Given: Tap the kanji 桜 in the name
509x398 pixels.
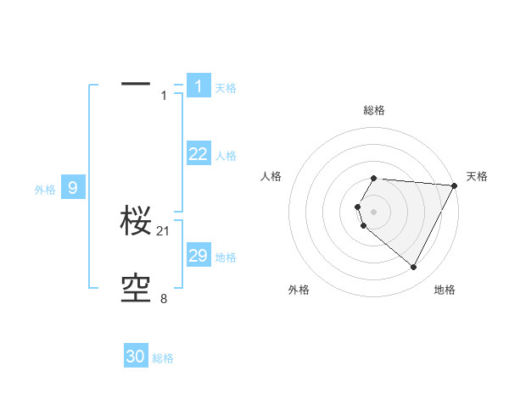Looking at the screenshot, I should (136, 222).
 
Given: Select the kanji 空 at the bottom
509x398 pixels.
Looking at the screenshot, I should (136, 289).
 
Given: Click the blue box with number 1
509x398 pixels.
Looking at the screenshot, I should (198, 86).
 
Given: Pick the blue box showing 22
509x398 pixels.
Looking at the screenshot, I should (198, 153).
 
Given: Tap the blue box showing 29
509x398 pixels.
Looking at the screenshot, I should (198, 256).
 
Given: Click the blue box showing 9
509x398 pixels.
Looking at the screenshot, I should (72, 188).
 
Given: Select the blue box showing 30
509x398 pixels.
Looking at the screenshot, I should (136, 357).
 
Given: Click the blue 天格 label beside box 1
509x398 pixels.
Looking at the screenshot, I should (226, 87).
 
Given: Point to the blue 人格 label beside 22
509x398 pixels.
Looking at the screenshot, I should (226, 156).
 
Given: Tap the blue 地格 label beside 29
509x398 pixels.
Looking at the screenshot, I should (226, 257).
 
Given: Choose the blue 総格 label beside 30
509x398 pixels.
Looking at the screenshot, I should (163, 358).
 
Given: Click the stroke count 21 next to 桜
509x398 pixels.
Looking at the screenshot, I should (164, 230).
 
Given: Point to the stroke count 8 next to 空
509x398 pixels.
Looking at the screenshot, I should (164, 298).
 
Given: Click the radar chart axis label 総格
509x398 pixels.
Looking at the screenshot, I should (374, 111).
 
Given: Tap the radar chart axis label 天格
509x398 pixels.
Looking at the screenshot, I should (477, 176).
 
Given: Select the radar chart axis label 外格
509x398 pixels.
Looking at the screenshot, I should (299, 290).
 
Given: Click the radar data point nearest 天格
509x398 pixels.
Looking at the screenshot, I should (455, 185).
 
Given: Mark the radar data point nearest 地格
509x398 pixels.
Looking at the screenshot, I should (414, 268).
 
